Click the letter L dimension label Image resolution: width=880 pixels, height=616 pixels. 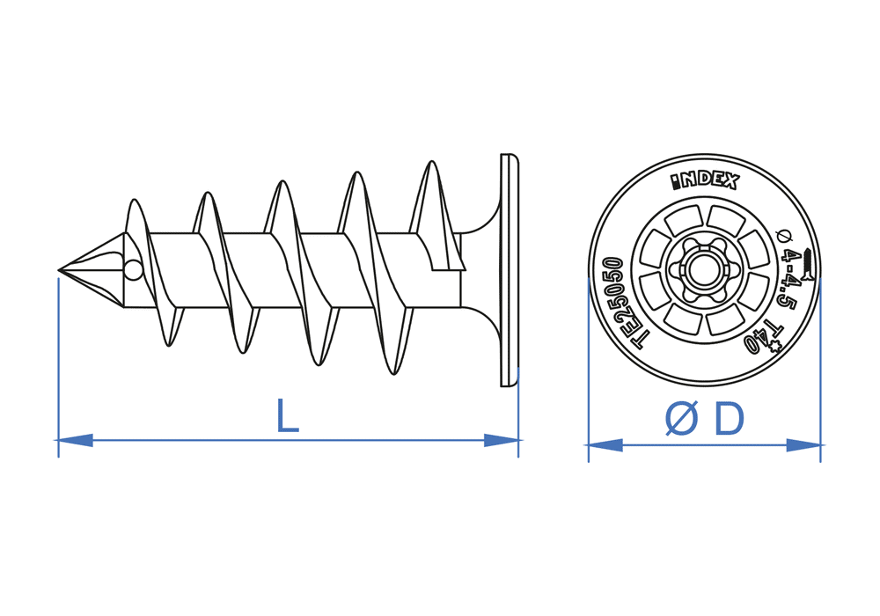click(287, 416)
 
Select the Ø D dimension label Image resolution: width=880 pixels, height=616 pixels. click(705, 420)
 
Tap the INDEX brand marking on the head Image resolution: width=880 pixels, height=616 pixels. click(705, 181)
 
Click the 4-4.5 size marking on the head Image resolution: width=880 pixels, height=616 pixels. click(792, 280)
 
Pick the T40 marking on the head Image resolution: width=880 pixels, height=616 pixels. click(762, 338)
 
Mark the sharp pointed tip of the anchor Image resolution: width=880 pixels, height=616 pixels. click(60, 269)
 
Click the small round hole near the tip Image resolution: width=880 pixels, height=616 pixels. click(132, 269)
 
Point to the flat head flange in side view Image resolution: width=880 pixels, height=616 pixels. click(509, 269)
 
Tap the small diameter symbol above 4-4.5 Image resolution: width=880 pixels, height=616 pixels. click(786, 236)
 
